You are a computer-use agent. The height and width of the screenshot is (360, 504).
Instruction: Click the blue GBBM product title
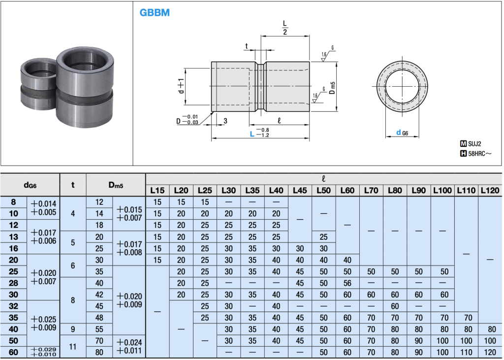click(154, 12)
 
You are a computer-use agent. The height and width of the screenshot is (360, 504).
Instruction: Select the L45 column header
click(300, 191)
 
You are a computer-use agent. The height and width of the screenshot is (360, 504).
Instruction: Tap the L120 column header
click(490, 191)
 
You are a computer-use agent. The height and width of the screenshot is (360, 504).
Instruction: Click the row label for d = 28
click(13, 283)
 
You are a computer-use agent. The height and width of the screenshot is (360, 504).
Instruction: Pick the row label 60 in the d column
click(13, 352)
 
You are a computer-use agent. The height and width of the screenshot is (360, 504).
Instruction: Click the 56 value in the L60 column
click(347, 283)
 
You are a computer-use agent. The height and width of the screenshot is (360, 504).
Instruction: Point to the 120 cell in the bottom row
click(490, 352)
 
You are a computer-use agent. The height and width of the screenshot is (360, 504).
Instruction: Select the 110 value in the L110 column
click(466, 352)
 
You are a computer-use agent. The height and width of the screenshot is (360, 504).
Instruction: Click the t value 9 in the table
click(73, 329)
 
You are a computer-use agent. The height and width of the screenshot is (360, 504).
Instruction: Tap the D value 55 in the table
click(99, 329)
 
